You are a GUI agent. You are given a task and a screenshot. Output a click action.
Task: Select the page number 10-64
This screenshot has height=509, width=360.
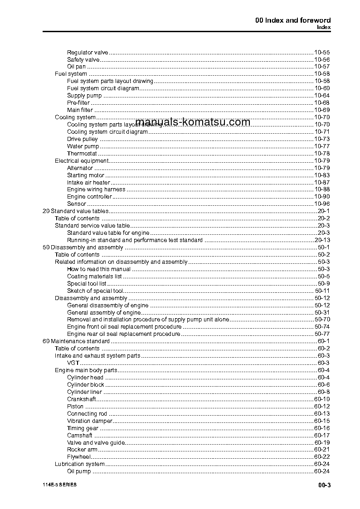tap(321, 96)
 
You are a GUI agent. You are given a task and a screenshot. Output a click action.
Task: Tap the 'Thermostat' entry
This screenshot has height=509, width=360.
tap(82, 154)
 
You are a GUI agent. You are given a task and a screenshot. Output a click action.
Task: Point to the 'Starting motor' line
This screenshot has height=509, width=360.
tap(86, 175)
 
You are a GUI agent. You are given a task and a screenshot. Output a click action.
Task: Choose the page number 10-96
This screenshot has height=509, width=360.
tap(321, 204)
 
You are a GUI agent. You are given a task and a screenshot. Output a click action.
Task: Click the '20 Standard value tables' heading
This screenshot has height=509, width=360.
tap(75, 211)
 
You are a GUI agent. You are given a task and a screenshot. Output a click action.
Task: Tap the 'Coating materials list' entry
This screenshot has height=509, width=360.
tap(94, 276)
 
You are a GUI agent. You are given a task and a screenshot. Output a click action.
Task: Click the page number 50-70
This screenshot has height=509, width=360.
tap(321, 320)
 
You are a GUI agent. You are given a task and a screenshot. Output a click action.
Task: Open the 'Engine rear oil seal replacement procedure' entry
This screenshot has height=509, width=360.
tap(123, 334)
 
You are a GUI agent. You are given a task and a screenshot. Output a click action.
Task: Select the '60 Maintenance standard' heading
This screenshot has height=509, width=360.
tap(76, 341)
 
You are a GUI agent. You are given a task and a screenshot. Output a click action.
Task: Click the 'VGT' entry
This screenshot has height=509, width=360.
tap(73, 363)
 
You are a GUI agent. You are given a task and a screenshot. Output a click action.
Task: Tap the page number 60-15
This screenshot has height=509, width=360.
tap(321, 421)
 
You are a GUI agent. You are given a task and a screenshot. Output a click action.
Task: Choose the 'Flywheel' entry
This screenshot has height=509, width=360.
tap(79, 457)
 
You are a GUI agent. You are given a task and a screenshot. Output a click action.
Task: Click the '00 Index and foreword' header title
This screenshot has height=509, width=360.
tap(293, 20)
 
